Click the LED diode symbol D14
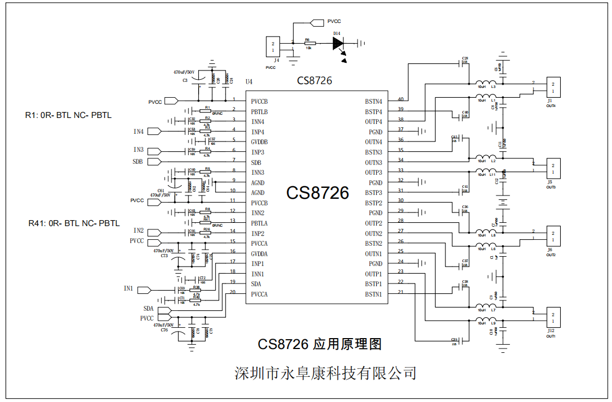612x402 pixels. [x=338, y=43]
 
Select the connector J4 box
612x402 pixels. [x=273, y=46]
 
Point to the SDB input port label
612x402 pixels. [x=138, y=162]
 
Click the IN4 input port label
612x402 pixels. [x=139, y=132]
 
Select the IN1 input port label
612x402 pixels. [x=129, y=288]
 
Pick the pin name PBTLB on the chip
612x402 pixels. [x=259, y=111]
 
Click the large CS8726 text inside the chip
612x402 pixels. [x=317, y=193]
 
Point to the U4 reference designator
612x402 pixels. [x=249, y=82]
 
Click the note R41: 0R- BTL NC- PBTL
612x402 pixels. [x=74, y=223]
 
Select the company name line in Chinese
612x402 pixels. [x=325, y=373]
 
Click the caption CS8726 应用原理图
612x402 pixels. [x=319, y=344]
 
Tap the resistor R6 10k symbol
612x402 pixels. [x=309, y=43]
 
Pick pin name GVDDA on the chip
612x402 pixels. [x=260, y=253]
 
